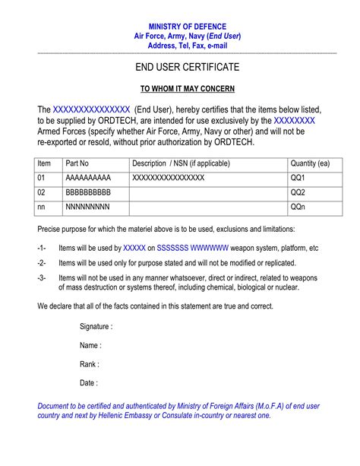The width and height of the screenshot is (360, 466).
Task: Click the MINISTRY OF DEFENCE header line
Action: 187,27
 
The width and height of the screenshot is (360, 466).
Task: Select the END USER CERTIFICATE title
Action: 187,68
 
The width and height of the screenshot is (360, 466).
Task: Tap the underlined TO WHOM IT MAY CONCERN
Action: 187,88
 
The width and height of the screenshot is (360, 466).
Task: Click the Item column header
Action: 44,163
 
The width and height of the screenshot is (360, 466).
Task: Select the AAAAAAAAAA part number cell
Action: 88,178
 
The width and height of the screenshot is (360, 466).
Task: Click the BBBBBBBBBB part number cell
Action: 88,192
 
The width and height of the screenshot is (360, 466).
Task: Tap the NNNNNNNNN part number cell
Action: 87,207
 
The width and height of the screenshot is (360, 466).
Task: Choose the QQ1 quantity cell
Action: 298,178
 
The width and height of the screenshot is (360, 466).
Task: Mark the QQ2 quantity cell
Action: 298,192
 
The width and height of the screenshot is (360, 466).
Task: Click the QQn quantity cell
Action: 298,207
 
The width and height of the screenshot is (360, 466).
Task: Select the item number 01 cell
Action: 42,178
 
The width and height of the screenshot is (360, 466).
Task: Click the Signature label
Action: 96,326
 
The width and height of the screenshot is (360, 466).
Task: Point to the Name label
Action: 90,345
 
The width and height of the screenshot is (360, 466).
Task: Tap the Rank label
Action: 90,364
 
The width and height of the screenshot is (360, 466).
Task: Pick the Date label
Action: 88,383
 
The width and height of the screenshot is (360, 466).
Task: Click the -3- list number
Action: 42,277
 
